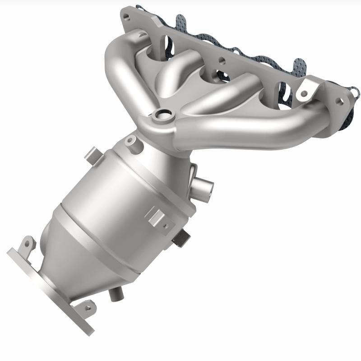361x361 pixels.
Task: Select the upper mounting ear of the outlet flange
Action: click(x=27, y=244)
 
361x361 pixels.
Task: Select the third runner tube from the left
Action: click(x=226, y=90)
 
